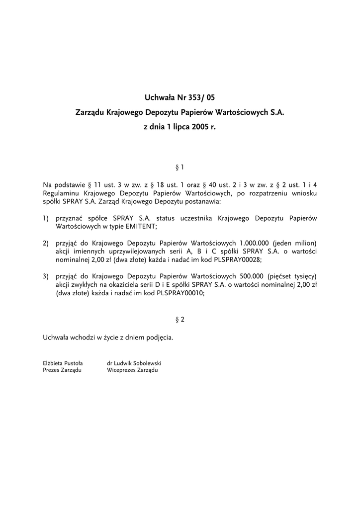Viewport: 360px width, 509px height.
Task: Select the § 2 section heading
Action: point(180,320)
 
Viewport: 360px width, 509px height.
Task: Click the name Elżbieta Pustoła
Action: point(63,363)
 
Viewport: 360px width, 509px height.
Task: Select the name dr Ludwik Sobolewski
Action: point(134,363)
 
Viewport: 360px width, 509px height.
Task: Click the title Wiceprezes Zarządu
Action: point(132,370)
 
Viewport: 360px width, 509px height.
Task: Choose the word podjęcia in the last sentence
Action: point(159,338)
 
